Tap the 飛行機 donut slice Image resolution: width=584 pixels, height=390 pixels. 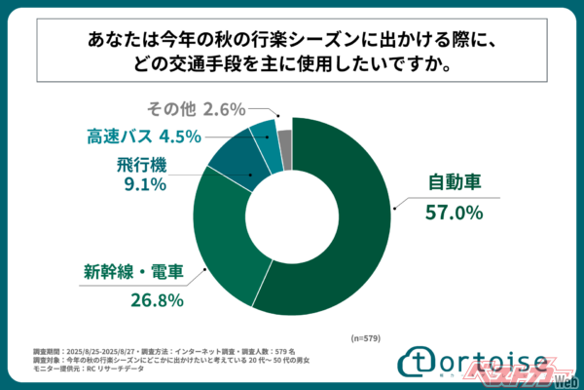(234, 162)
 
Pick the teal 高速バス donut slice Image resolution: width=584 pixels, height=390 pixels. (265, 144)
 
